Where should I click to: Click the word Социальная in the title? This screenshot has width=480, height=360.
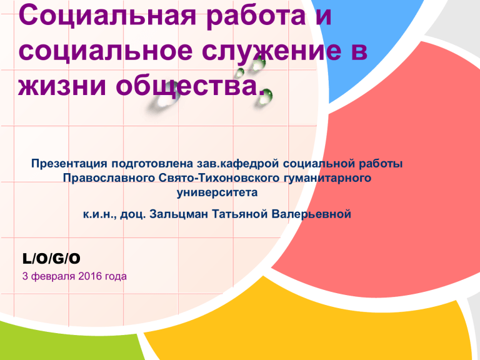click(107, 15)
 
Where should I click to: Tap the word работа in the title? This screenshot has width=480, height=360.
click(256, 16)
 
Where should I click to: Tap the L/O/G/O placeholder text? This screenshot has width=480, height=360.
click(51, 259)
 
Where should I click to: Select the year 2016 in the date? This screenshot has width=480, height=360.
click(90, 276)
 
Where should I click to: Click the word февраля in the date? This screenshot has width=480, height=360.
click(53, 276)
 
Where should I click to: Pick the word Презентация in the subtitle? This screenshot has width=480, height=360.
click(69, 164)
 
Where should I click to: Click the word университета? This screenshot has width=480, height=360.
click(217, 192)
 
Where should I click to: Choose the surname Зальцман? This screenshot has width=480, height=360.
click(179, 214)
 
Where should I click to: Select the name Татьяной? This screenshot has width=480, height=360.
click(240, 214)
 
